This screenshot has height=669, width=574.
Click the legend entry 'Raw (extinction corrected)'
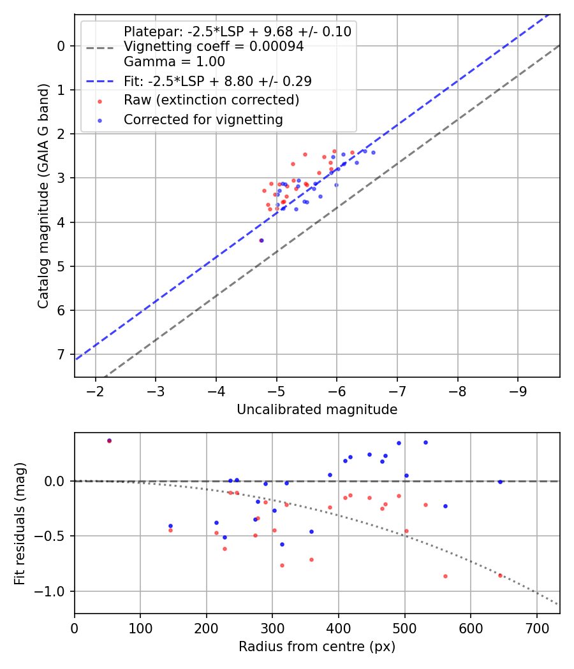pos(211,100)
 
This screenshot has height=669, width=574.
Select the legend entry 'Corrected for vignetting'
pos(203,119)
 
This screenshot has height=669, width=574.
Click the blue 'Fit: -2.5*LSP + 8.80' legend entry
pos(217,81)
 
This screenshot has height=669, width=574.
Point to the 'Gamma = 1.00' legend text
pos(174,62)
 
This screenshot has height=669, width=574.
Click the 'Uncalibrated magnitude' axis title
pos(317,410)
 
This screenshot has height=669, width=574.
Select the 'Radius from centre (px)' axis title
pos(317,647)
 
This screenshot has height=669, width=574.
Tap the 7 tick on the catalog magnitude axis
pos(62,354)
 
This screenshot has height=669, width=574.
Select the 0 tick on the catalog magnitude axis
pos(62,45)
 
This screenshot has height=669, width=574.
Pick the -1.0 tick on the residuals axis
pos(54,591)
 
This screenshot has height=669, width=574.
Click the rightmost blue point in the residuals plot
pos(500,482)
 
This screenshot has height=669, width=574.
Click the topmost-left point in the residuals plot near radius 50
pos(109,440)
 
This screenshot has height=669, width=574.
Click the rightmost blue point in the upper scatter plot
pos(373,152)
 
